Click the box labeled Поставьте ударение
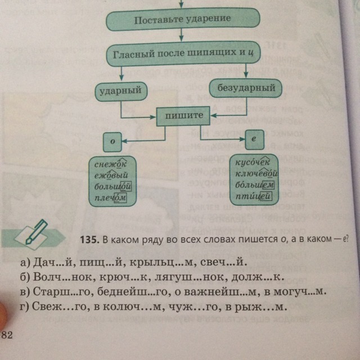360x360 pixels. (x=182, y=20)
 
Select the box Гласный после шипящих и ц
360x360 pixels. (x=182, y=55)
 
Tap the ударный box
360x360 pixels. (x=121, y=91)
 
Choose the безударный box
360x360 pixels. (x=246, y=88)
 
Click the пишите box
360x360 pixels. (x=183, y=115)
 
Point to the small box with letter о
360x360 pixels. (x=112, y=142)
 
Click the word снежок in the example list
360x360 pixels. (x=111, y=164)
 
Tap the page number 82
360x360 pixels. (x=7, y=336)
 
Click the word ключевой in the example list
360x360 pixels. (x=256, y=174)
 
